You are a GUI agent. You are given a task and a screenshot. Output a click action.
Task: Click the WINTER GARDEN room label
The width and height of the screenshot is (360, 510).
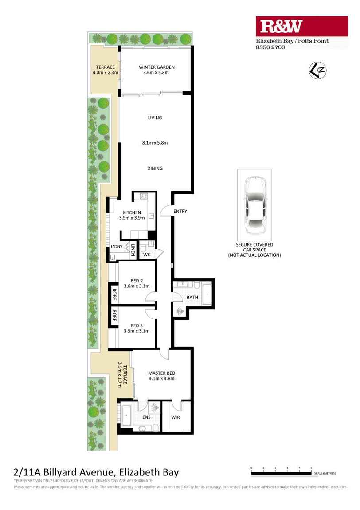[x=157, y=67]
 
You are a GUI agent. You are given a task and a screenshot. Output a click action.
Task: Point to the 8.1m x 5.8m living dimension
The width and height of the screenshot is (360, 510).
[x=155, y=143]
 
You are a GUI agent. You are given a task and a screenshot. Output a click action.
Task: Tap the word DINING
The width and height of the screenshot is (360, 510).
[x=155, y=169]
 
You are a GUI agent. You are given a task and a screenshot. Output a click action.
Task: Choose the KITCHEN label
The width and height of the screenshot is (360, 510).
[x=132, y=213]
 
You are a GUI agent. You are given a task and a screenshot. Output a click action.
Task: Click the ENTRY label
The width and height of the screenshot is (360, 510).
[x=180, y=212]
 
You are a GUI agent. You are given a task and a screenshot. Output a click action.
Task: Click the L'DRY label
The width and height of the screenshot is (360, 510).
[x=117, y=247]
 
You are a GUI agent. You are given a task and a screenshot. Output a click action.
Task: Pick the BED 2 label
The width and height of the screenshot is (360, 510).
[x=137, y=280]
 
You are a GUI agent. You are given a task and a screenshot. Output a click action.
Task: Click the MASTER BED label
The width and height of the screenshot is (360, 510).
[x=161, y=373]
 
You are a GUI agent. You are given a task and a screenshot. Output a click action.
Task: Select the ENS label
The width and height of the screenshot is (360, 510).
[x=146, y=418]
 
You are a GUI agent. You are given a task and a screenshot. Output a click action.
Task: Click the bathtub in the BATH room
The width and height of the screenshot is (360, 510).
[x=207, y=295]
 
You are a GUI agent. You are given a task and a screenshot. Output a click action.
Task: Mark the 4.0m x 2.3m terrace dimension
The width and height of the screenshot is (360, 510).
[x=106, y=73]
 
